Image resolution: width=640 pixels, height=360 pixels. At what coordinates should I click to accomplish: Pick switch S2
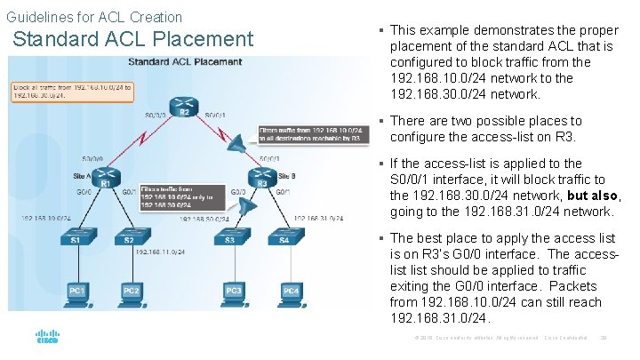point(130,238)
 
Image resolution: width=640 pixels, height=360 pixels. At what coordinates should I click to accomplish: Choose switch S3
point(230,238)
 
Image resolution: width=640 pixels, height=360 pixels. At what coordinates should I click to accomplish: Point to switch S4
point(284,238)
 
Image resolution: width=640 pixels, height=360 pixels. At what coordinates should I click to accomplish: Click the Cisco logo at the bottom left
point(47,338)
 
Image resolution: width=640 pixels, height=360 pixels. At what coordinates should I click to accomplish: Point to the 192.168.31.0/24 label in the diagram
point(317,216)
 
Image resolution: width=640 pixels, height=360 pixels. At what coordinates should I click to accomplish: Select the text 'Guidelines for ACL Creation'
point(93,17)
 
